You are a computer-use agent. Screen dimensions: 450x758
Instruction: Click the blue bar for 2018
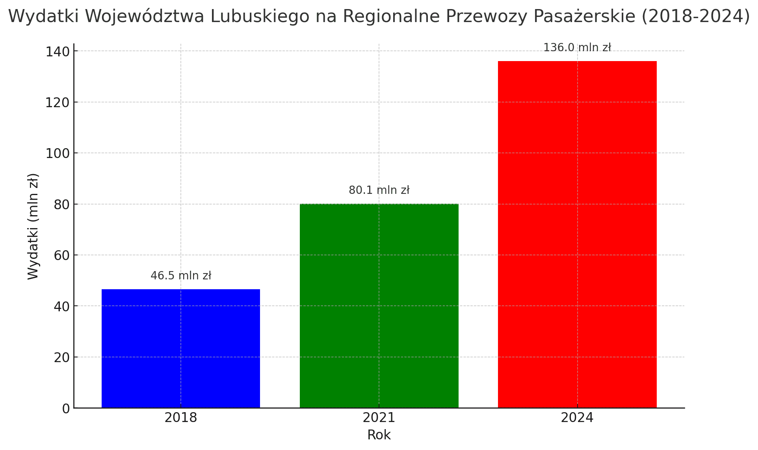point(181,348)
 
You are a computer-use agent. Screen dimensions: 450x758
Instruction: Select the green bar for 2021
point(379,306)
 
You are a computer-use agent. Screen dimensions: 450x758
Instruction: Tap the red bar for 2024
point(577,234)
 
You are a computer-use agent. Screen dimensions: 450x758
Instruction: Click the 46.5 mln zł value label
point(181,276)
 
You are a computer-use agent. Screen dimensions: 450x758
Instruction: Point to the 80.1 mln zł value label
point(379,190)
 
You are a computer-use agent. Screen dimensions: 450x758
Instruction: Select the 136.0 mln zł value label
point(577,48)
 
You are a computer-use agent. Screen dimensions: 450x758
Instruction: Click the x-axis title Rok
point(379,435)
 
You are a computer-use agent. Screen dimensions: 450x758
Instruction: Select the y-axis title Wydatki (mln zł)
point(33,226)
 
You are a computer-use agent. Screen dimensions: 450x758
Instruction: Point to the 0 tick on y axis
point(66,409)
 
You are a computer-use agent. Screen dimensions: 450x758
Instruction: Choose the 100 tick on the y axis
point(58,154)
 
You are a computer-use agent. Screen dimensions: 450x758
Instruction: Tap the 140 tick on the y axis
point(58,52)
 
